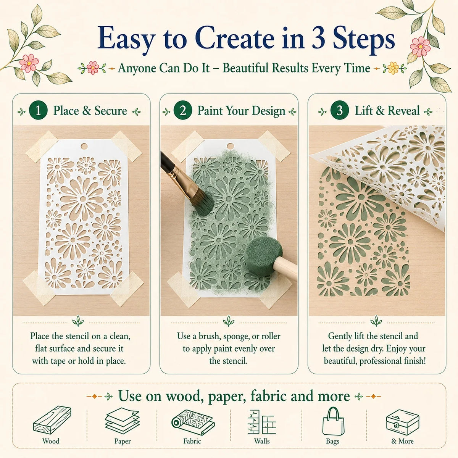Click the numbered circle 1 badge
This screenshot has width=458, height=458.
(38, 111)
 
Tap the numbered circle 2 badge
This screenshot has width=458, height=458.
(182, 110)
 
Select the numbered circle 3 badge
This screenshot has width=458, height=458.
(340, 110)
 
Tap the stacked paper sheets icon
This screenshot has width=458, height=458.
(123, 420)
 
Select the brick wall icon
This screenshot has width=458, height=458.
(262, 422)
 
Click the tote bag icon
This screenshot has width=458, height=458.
(333, 421)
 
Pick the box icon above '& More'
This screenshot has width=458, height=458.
(403, 423)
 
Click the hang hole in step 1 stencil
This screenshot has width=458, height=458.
(84, 147)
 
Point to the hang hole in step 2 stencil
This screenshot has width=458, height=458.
(230, 146)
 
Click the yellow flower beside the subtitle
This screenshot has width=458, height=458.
(393, 68)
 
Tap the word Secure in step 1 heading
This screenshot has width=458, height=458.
(111, 111)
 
